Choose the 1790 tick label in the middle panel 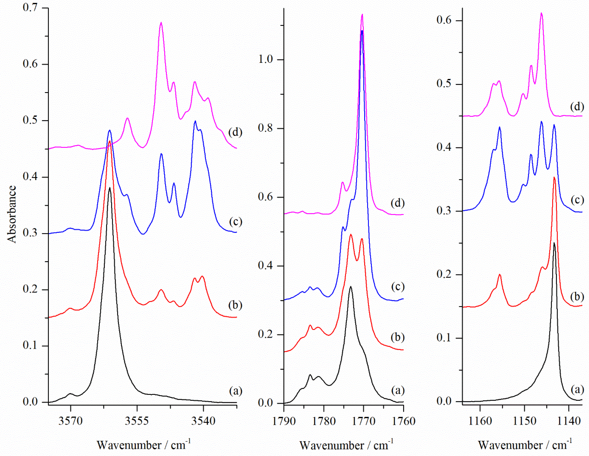(x=284, y=421)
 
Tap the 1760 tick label (x=404, y=421)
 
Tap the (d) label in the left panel (x=235, y=132)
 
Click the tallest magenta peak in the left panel (x=161, y=23)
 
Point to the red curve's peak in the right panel (x=554, y=177)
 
